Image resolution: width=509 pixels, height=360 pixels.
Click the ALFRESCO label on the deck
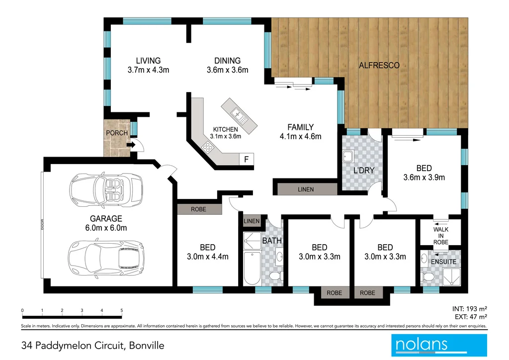point(379,65)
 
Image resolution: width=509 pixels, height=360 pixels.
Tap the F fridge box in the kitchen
point(246,159)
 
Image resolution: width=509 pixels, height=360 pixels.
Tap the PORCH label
point(116,133)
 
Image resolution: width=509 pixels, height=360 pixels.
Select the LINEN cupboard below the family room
point(306,189)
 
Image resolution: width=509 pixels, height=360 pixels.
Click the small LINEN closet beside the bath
point(252,221)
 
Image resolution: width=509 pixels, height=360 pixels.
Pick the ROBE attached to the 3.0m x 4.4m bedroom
point(198,210)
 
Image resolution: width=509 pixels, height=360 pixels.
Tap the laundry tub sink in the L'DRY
point(348,158)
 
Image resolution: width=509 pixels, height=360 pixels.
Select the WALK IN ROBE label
point(440,236)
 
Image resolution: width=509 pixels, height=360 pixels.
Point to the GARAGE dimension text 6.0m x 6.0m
point(106,228)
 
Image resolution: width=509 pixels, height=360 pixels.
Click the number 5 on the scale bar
point(122,310)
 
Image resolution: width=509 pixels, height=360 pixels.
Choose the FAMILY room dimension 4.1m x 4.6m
point(301,137)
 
